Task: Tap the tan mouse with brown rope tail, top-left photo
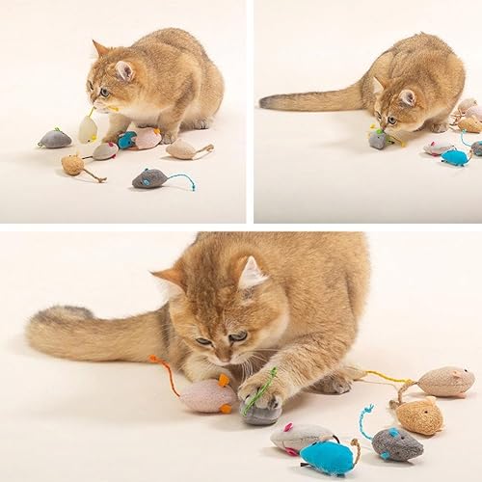click(73, 165)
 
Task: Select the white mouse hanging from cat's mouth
click(88, 128)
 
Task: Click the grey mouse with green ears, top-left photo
click(55, 139)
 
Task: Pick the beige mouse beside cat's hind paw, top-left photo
click(181, 148)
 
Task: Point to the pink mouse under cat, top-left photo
click(147, 139)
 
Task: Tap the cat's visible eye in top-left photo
click(104, 92)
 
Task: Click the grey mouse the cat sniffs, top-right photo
click(378, 139)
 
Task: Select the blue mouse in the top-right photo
click(454, 156)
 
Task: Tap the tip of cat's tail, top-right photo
click(265, 101)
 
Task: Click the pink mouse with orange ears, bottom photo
click(208, 395)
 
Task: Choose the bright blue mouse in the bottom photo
click(328, 456)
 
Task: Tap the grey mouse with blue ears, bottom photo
click(396, 443)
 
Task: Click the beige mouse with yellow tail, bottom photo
click(445, 381)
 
